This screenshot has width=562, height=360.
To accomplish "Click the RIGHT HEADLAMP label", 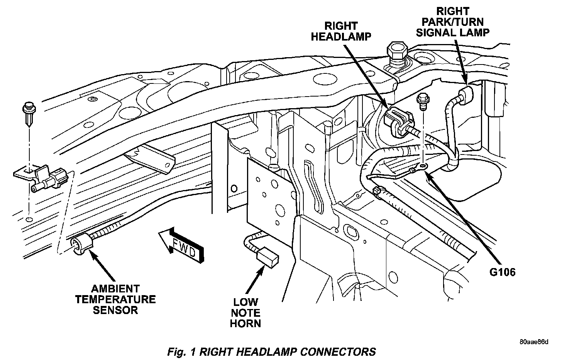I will coord(341,31).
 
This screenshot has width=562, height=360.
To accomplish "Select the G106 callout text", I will coord(502,272).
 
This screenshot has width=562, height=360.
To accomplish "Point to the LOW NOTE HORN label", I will coord(245,312).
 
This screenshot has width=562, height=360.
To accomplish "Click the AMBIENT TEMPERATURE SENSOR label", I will coord(115,299).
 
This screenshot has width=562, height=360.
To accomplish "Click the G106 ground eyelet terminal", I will coord(423,166).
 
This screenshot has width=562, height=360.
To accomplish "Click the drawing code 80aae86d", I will coord(533,342).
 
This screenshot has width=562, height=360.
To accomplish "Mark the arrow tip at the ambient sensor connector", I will coord(91,251).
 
